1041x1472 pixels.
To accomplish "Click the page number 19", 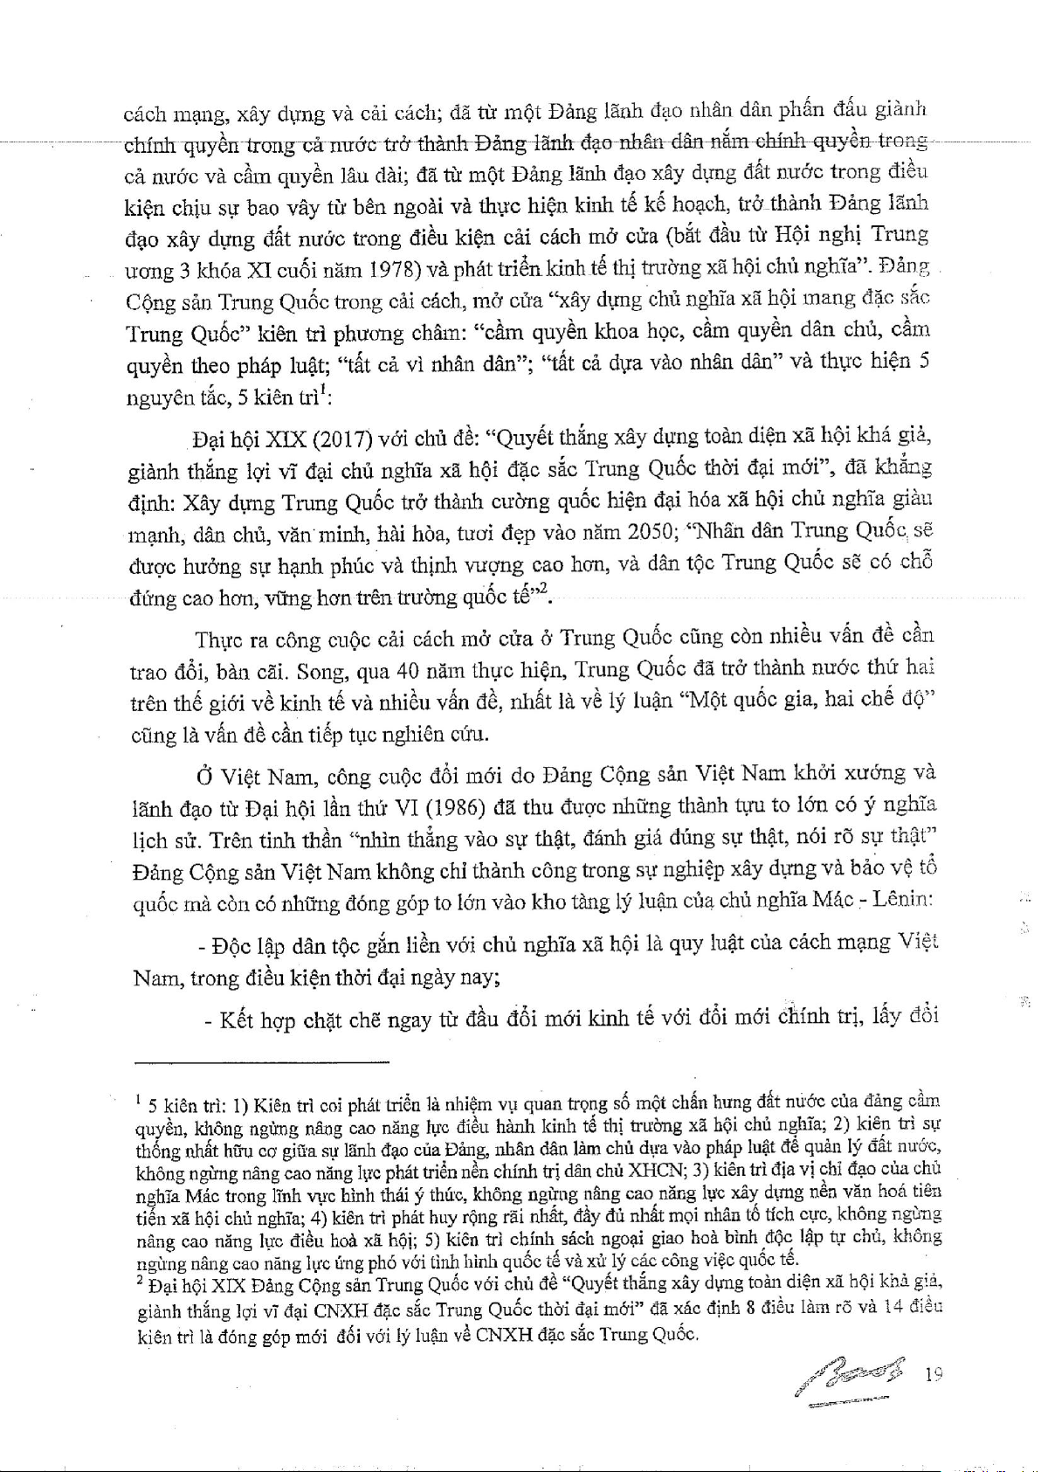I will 934,1374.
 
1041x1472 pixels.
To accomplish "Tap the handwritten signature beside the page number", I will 851,1379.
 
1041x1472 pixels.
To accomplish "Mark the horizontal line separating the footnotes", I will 261,1062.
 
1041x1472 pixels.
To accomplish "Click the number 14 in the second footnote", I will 893,1307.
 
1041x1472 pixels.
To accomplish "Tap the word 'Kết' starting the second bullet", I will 236,1020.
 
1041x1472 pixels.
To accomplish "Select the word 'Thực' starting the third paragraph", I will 219,639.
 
